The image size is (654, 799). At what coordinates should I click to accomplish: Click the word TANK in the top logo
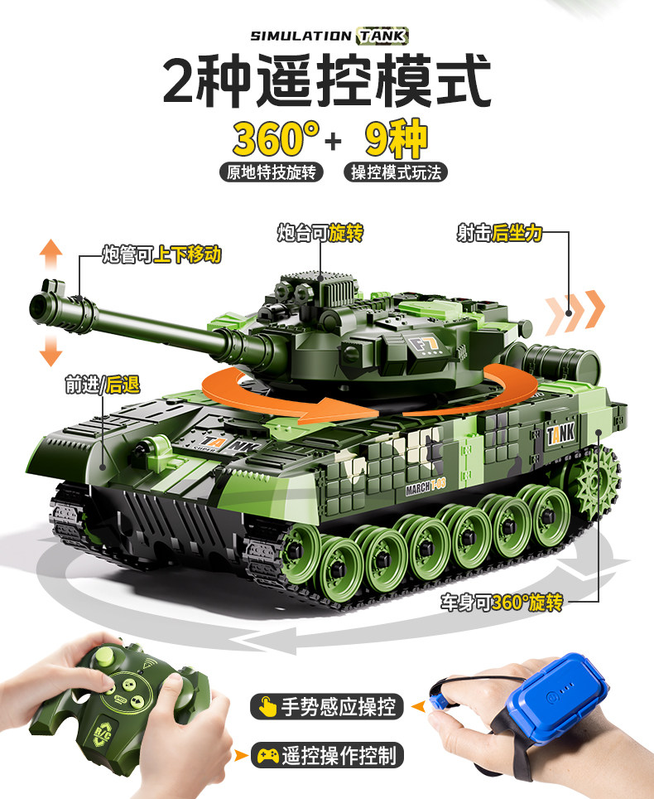click(382, 36)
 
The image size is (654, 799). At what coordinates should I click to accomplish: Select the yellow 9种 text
click(397, 138)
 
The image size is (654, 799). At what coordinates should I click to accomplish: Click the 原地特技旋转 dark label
click(272, 172)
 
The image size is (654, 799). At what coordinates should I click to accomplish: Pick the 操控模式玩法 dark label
click(396, 172)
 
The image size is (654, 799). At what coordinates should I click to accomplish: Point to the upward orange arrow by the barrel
click(50, 254)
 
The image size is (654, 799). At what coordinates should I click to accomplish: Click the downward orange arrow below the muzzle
click(50, 350)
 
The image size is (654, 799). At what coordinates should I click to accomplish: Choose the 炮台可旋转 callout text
click(320, 233)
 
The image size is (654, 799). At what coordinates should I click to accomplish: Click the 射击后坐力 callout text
click(499, 233)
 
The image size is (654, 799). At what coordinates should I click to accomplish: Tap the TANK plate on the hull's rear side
click(560, 434)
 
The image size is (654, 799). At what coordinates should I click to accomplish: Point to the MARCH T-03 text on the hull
click(426, 487)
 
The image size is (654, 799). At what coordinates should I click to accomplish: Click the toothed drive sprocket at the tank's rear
click(601, 479)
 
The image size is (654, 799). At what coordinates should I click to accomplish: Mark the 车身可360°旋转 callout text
click(502, 603)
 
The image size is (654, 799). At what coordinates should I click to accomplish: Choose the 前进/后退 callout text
click(103, 385)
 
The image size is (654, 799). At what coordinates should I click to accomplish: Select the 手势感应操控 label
click(326, 707)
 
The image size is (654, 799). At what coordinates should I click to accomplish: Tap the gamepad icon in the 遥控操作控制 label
click(267, 755)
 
